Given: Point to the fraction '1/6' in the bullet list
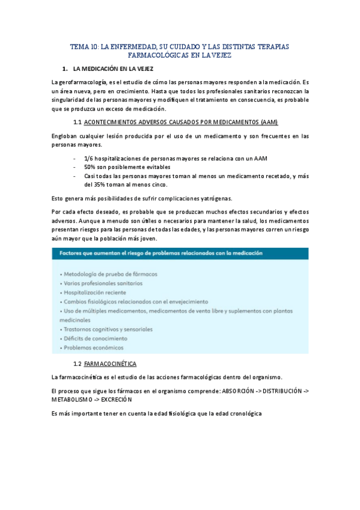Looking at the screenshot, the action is tap(90, 158).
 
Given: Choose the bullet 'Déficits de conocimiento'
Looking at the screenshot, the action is tap(93, 339).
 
